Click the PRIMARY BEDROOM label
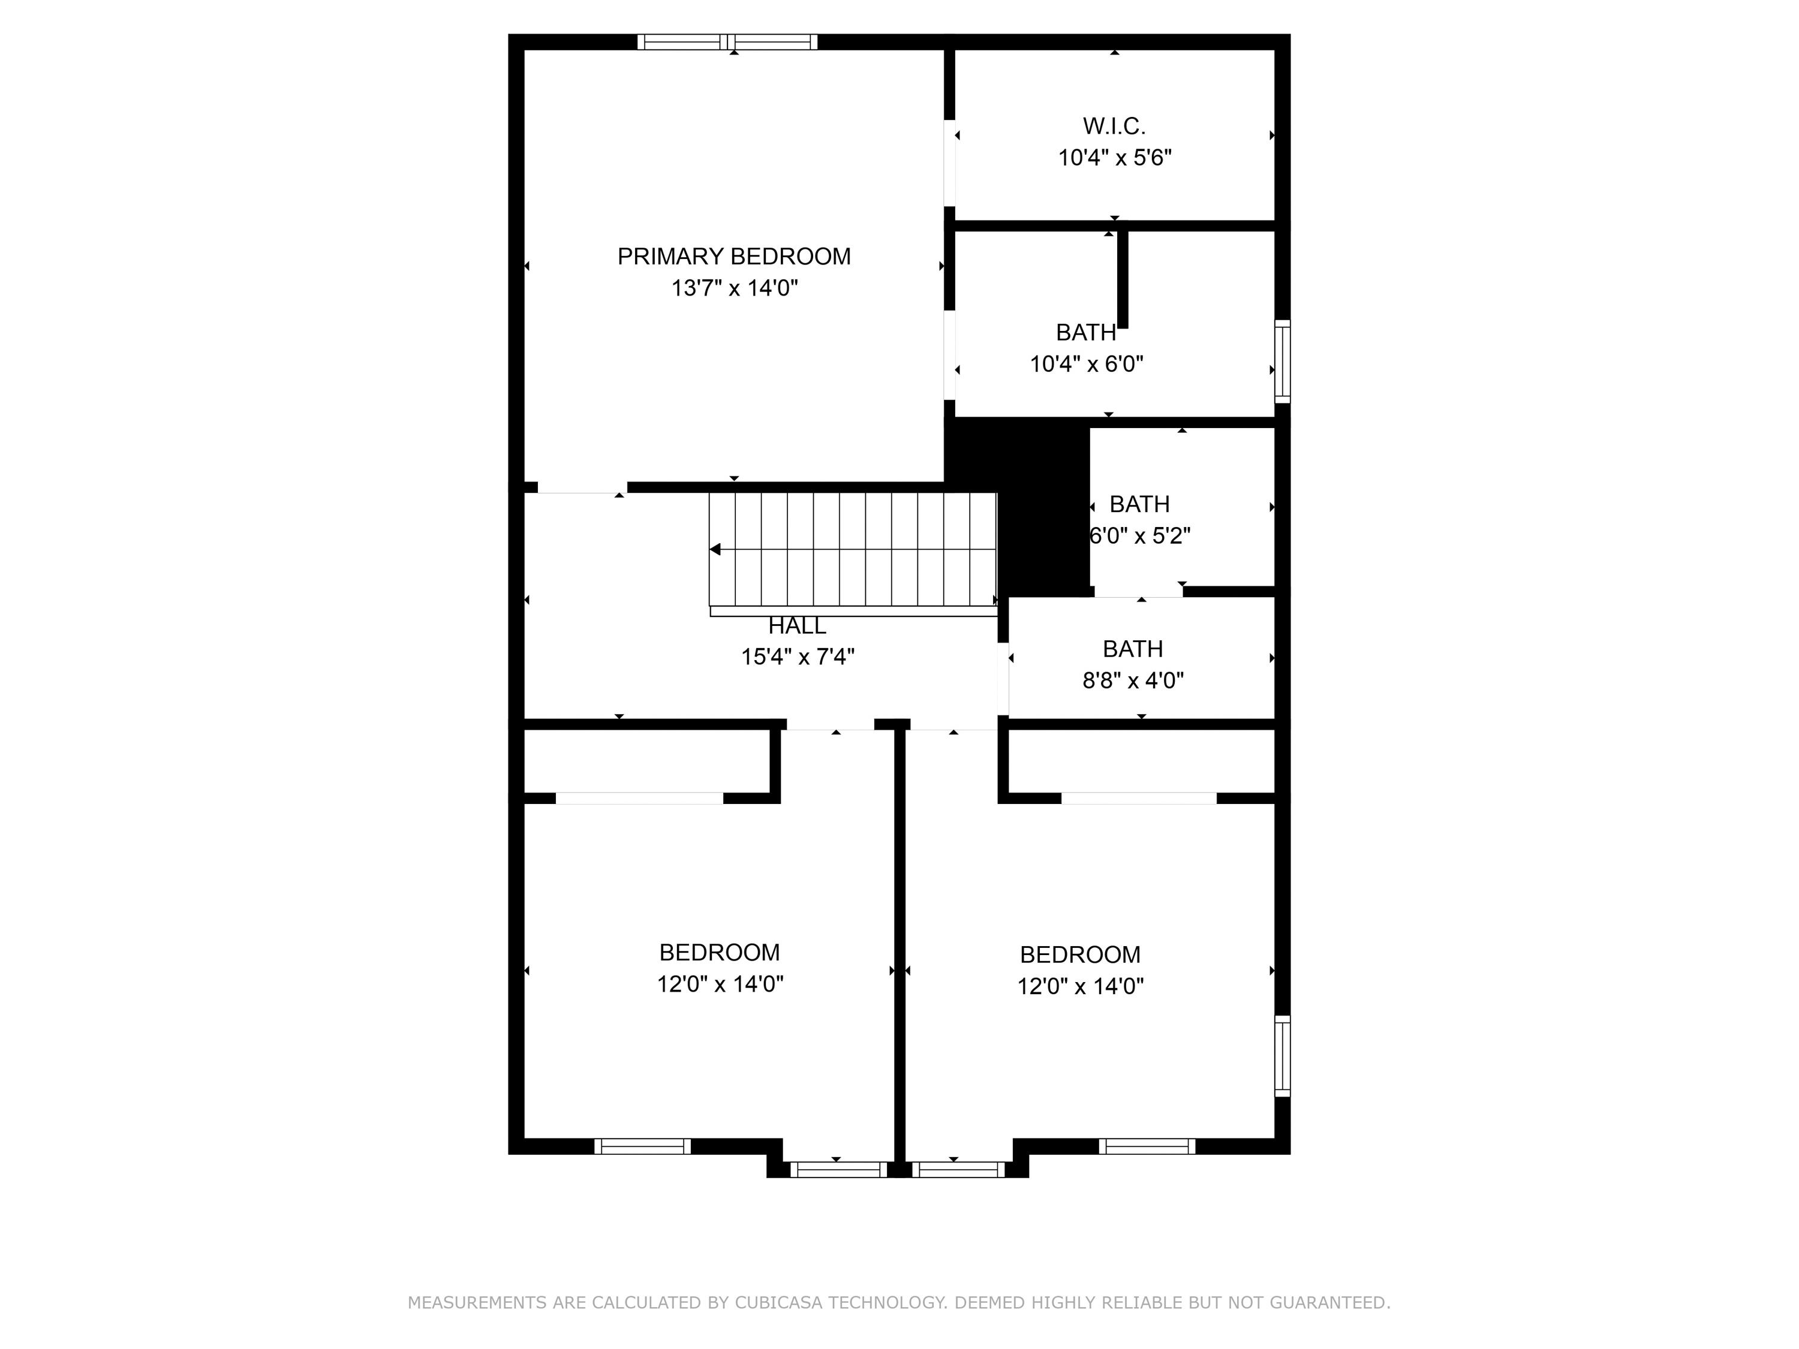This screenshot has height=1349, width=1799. click(x=733, y=256)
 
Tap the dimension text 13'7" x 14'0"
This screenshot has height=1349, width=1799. click(x=733, y=288)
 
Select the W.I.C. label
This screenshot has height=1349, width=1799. click(x=1114, y=126)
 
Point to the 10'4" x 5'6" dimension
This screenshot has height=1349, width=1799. click(x=1114, y=158)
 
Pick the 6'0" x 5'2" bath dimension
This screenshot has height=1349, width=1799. click(x=1139, y=536)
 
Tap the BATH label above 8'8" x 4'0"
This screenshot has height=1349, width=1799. click(x=1132, y=649)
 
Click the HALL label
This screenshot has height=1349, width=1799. click(x=797, y=626)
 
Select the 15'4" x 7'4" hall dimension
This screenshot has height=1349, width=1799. click(x=797, y=656)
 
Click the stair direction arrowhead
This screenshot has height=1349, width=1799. click(x=715, y=550)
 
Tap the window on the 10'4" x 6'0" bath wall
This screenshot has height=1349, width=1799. click(x=1281, y=361)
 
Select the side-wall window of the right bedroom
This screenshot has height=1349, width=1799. click(x=1281, y=1055)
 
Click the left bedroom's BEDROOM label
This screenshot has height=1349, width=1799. click(x=719, y=952)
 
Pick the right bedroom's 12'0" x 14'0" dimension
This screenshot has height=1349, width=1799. click(x=1079, y=986)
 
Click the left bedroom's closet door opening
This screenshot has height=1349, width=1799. click(x=639, y=799)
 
